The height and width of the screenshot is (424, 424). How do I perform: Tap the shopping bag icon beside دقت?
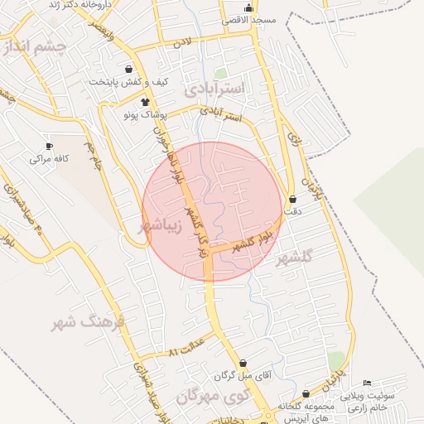coord(294,199)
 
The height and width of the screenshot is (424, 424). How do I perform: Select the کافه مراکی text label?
coord(49,157)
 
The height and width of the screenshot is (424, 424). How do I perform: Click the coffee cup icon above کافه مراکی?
coord(50,145)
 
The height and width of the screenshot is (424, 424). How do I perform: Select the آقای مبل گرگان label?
coord(243,377)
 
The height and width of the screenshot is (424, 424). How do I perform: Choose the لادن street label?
coord(182,41)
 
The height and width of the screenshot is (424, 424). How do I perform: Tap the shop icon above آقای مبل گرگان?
coord(243,363)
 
